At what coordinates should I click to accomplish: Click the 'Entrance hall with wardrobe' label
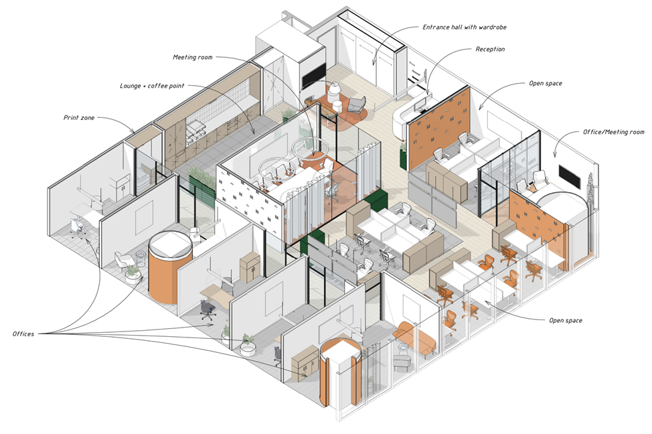(465, 27)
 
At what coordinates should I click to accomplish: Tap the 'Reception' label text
(490, 49)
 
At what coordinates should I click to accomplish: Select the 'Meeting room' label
(193, 57)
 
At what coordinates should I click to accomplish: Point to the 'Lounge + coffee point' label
(152, 86)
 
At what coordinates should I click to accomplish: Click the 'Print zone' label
(79, 118)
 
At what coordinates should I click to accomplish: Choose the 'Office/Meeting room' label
(613, 132)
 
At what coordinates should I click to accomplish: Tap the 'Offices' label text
(23, 334)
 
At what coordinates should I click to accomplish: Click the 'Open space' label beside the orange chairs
(566, 320)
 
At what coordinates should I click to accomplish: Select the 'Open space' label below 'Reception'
(545, 83)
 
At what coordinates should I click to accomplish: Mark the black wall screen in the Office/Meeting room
(569, 175)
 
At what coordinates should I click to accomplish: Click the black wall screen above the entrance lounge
(313, 75)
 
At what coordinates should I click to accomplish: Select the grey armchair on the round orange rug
(355, 105)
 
